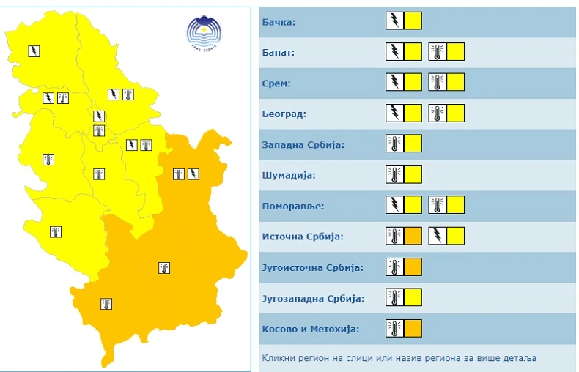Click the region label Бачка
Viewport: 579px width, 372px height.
click(279, 22)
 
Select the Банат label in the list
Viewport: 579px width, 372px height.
click(279, 53)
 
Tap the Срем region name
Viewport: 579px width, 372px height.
click(276, 83)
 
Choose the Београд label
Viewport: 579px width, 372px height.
click(283, 114)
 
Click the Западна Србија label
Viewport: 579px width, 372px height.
click(303, 144)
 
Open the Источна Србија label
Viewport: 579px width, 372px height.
click(302, 237)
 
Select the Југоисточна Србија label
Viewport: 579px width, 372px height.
click(312, 267)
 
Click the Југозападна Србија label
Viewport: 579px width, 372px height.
click(312, 298)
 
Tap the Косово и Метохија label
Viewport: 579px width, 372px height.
click(310, 329)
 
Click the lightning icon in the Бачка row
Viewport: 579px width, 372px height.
click(394, 21)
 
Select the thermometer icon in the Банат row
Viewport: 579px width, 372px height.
click(438, 52)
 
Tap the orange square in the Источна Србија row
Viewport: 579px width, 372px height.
click(413, 236)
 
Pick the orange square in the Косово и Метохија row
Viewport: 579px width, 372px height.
click(413, 328)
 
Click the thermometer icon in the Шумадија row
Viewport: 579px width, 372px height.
click(394, 174)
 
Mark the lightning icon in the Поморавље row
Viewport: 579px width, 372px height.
click(394, 205)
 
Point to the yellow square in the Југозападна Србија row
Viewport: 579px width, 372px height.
click(413, 297)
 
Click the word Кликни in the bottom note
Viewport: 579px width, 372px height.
click(279, 358)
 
